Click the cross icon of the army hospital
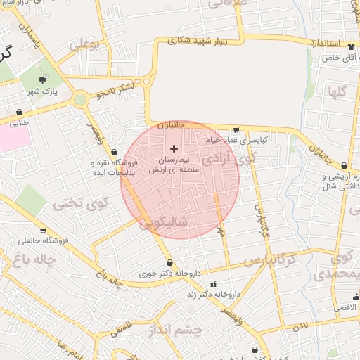point(174,148)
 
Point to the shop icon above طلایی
point(19,112)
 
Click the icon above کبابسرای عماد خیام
point(235,130)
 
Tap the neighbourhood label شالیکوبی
point(165,224)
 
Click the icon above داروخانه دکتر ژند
point(214,285)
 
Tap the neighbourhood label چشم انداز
point(176,330)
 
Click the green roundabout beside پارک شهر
point(80,99)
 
